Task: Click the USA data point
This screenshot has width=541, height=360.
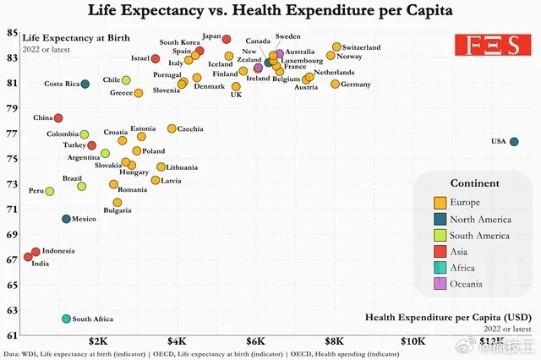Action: coord(514,142)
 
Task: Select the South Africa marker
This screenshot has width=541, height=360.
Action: coord(66,319)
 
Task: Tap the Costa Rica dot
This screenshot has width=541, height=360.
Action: coord(85,84)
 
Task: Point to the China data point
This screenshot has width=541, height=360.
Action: coord(58,118)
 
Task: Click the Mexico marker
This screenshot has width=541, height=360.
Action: coord(66,219)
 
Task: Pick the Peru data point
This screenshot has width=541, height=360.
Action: coord(50,191)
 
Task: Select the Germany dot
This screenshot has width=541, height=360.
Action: coord(335,84)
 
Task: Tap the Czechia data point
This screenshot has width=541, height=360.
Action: coord(172,128)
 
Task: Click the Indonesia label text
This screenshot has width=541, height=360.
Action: coord(58,251)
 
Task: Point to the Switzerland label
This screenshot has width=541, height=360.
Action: coord(361,47)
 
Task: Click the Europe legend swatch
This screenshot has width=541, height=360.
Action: coord(440,203)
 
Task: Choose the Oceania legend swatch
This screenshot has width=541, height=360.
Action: coord(440,285)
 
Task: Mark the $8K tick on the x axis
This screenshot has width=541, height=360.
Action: coord(335,341)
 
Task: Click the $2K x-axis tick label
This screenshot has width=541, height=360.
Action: coord(97,341)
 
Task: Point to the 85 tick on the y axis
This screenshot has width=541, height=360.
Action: coord(12,33)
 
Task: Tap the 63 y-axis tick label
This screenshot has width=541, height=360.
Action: coord(12,310)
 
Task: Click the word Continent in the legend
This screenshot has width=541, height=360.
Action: coord(474,183)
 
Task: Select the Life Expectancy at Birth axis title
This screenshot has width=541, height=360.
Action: coord(65,38)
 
